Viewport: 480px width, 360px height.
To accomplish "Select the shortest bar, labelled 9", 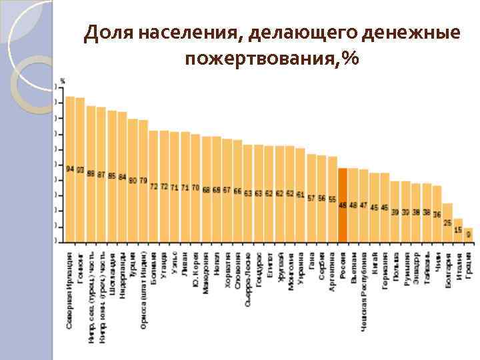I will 468,234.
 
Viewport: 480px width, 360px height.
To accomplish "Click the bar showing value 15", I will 458,231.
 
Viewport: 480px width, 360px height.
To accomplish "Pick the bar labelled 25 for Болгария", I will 447,222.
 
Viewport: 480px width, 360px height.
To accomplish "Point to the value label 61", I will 300,195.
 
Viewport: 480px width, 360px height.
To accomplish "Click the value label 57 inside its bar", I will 311,198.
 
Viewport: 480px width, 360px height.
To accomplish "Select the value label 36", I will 437,214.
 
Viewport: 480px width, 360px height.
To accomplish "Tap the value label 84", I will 123,177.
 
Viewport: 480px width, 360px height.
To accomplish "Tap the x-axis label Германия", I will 385,271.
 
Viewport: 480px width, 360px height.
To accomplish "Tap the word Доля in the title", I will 109,31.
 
